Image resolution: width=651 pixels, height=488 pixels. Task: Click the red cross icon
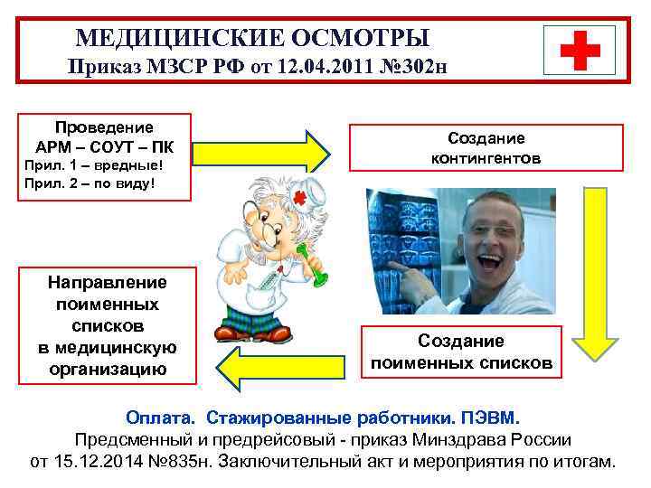coord(580,49)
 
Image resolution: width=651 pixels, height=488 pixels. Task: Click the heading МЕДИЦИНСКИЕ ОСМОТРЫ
coord(252,38)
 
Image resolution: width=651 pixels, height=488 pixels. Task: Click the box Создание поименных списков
coord(461,352)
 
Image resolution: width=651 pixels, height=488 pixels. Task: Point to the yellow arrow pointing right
coord(263,151)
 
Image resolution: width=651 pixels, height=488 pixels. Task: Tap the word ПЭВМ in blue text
coord(492,418)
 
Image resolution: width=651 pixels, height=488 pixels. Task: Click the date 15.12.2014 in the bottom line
coord(108,462)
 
